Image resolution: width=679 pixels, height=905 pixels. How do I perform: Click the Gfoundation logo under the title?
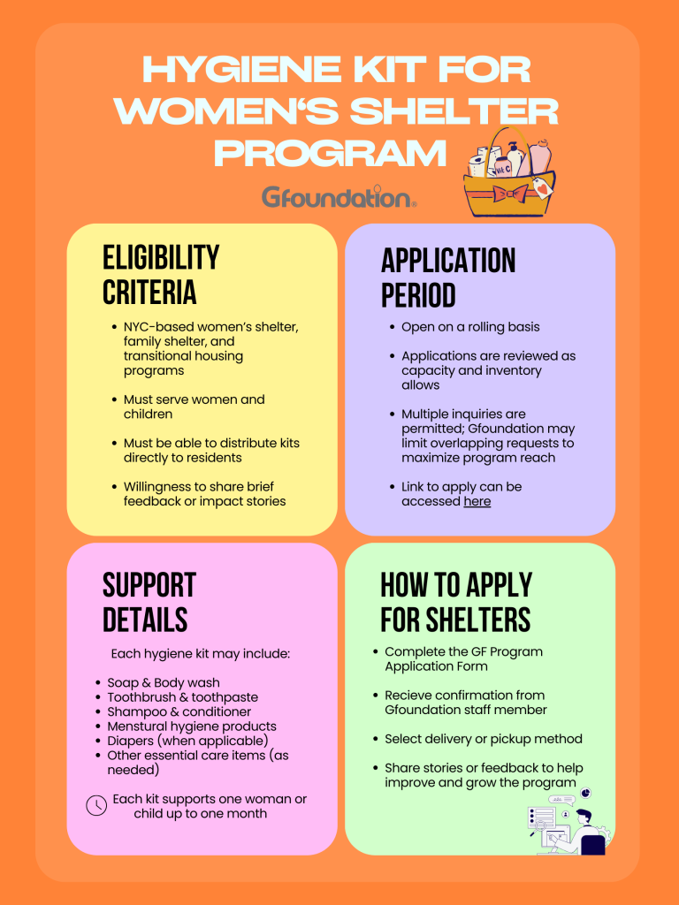[339, 196]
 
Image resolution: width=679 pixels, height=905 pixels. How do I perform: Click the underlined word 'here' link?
[477, 502]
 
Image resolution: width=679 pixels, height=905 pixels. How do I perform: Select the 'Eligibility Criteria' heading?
[161, 274]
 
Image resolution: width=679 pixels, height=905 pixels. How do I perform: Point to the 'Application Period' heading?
[447, 278]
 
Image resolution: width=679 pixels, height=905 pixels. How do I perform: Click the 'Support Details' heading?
[149, 602]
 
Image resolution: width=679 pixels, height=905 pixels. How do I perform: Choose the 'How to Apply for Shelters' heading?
[455, 602]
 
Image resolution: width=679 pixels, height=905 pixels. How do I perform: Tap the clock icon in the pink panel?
[95, 806]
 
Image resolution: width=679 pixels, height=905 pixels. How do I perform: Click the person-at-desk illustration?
[567, 823]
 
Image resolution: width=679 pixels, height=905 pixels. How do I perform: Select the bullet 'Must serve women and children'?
[194, 407]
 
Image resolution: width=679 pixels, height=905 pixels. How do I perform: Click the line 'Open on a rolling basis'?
[470, 327]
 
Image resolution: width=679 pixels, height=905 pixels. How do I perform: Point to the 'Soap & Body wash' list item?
[164, 682]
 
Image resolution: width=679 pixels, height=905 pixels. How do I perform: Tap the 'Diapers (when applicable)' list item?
[187, 741]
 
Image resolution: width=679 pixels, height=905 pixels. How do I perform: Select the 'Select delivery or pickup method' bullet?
[483, 739]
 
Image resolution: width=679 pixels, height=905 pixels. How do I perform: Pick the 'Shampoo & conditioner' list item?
[179, 711]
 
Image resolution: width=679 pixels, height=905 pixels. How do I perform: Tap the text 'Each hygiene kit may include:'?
[201, 654]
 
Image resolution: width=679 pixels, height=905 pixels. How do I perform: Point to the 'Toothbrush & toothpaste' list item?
[182, 697]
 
